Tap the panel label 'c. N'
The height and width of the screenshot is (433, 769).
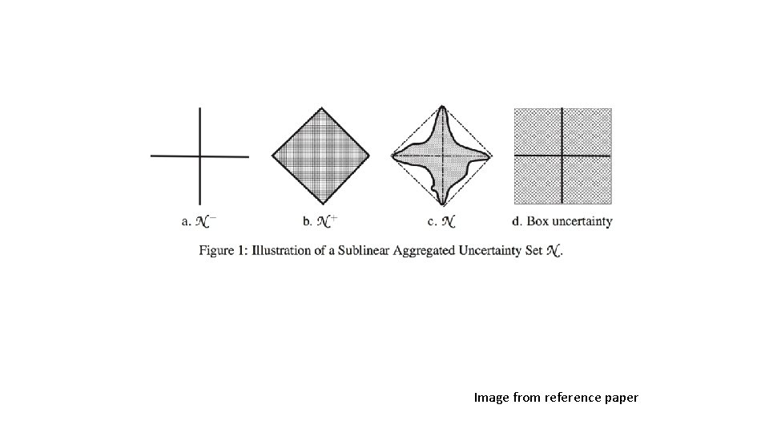(441, 221)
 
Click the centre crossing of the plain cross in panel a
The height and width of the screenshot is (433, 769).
(199, 156)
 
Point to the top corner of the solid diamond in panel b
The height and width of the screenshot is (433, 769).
(321, 107)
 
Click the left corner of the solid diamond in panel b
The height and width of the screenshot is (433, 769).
(273, 156)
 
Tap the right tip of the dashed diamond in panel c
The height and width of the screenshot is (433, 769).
(491, 156)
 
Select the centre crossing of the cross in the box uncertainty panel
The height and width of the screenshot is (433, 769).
(563, 155)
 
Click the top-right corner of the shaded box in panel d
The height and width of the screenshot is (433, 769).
(611, 109)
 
